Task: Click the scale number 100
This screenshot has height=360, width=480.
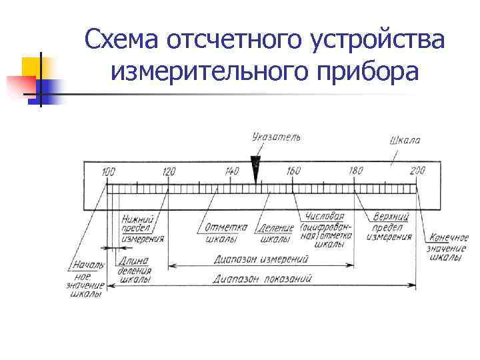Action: point(108,171)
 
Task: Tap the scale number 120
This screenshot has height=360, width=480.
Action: point(169,171)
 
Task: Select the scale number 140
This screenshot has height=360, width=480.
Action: point(231,171)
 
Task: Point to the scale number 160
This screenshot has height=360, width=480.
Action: point(293,171)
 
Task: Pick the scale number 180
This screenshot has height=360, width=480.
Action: point(355,171)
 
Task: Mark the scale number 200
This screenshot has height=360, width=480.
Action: point(417,171)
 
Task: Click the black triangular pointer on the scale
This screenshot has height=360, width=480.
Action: point(255,164)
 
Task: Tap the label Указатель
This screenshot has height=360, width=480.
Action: point(276,137)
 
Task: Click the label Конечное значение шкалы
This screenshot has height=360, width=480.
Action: point(448,247)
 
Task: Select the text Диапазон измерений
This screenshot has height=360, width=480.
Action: point(261,259)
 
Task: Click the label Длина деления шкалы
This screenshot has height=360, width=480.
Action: point(135,271)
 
